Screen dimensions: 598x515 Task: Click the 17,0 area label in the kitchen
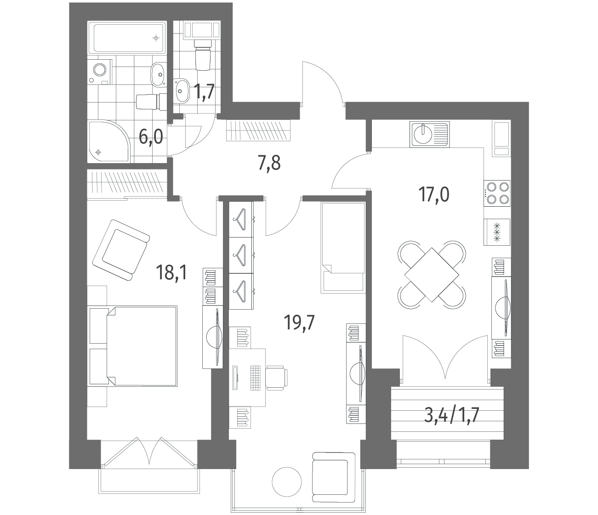click(433, 194)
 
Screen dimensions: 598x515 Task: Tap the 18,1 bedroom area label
click(172, 272)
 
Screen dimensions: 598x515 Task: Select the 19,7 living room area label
click(299, 323)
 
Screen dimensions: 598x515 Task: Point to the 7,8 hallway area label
click(269, 163)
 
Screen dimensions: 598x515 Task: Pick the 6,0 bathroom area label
click(151, 137)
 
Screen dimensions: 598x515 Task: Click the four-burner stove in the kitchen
click(497, 193)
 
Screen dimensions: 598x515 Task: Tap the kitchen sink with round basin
click(430, 134)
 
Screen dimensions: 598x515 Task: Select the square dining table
click(432, 274)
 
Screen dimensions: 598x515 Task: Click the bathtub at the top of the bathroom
click(127, 38)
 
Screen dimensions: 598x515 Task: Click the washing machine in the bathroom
click(100, 72)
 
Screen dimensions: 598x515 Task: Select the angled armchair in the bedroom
click(121, 250)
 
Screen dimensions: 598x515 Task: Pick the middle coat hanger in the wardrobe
click(240, 255)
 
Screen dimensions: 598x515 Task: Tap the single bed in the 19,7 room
click(343, 248)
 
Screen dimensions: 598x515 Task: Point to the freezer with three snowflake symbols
click(497, 232)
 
